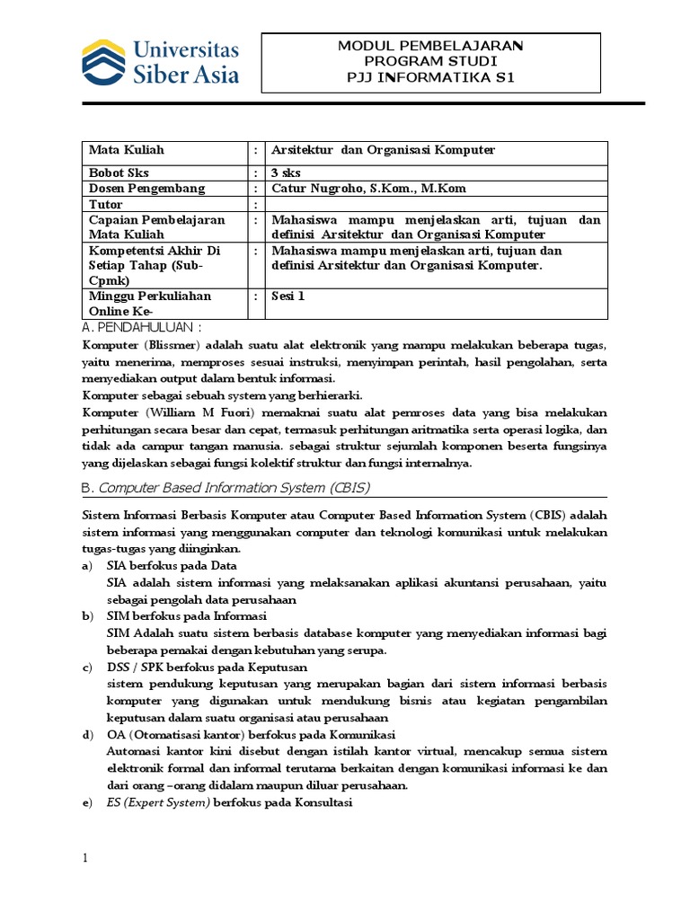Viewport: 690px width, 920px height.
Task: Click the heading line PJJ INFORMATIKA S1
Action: pos(430,77)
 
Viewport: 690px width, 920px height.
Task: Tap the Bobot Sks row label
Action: pos(116,171)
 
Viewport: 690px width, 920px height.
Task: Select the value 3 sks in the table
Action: pos(287,171)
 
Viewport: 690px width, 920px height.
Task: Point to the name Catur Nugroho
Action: pos(316,188)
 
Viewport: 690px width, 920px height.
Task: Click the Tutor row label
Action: pos(106,204)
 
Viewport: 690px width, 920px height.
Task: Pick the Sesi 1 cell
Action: pos(288,295)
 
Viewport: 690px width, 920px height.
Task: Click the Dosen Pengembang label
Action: pos(146,188)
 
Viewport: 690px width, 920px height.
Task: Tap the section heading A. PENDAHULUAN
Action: pos(142,326)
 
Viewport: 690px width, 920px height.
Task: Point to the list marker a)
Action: pos(87,566)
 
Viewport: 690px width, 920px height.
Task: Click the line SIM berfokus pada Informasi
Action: pos(187,616)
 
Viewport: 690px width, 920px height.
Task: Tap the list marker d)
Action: pos(87,735)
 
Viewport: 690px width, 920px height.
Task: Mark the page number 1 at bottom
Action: pos(85,859)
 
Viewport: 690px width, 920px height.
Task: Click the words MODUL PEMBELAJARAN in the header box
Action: pos(430,45)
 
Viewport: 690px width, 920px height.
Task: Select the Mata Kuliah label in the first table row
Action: pos(127,150)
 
